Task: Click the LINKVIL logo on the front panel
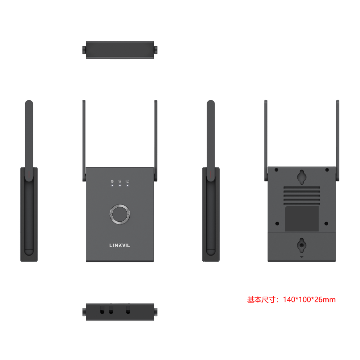(120, 245)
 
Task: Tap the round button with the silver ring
(120, 214)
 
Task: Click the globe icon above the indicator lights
(112, 181)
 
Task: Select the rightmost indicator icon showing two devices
(127, 181)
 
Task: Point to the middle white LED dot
(120, 186)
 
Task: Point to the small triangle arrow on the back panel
(302, 257)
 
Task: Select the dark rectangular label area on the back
(302, 218)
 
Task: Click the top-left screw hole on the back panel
(276, 170)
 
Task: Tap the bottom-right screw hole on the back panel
(327, 223)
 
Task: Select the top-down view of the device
(120, 49)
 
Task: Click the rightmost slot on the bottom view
(128, 310)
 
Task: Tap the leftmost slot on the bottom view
(102, 310)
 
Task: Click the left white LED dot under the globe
(112, 186)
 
